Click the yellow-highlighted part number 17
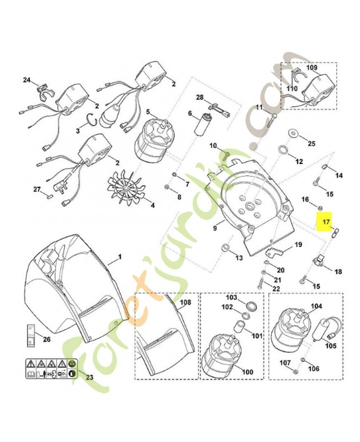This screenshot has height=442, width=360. pyautogui.click(x=326, y=222)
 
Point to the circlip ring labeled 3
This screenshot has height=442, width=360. pyautogui.click(x=92, y=119)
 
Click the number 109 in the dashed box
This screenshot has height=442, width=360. pyautogui.click(x=312, y=67)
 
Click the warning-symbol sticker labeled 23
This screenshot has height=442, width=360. pyautogui.click(x=51, y=369)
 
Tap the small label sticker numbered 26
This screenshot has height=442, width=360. pyautogui.click(x=31, y=335)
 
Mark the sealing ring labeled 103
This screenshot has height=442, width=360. pyautogui.click(x=252, y=306)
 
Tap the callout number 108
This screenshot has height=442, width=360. pyautogui.click(x=186, y=303)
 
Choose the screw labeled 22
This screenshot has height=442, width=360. pyautogui.click(x=261, y=283)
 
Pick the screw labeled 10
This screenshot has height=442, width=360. pyautogui.click(x=226, y=155)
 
